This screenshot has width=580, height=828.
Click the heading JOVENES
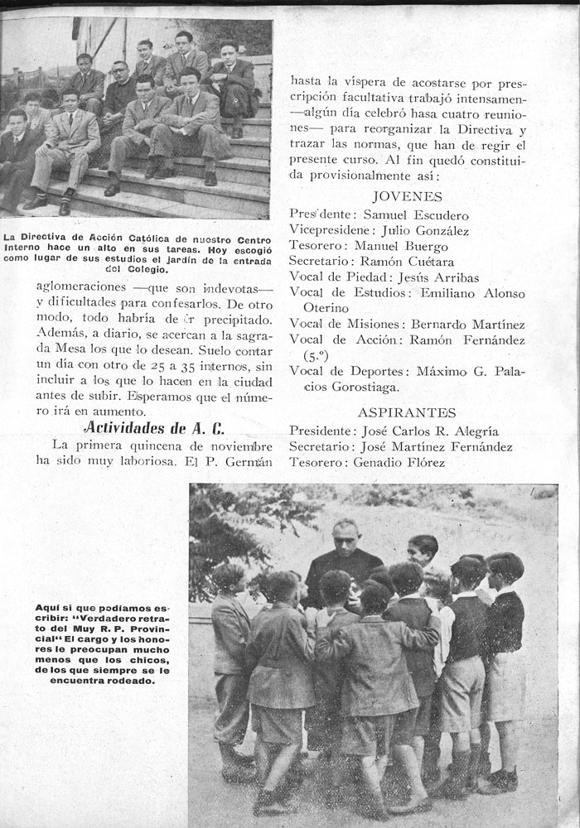[x=408, y=196]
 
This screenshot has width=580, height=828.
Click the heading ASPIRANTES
[x=407, y=412]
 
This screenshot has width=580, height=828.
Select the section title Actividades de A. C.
[x=153, y=427]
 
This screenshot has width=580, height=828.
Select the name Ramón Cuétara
[x=413, y=262]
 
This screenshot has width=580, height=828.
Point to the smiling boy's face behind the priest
[x=423, y=551]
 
